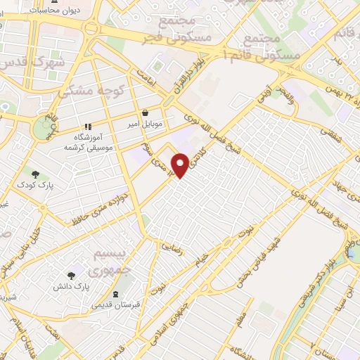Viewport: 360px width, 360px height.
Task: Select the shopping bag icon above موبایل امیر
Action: click(145, 112)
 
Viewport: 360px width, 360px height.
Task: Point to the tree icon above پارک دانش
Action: click(71, 276)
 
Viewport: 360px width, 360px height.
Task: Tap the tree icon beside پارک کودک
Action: click(35, 173)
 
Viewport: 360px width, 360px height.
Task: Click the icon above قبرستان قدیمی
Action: click(116, 294)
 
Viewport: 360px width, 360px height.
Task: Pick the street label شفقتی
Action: click(330, 136)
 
